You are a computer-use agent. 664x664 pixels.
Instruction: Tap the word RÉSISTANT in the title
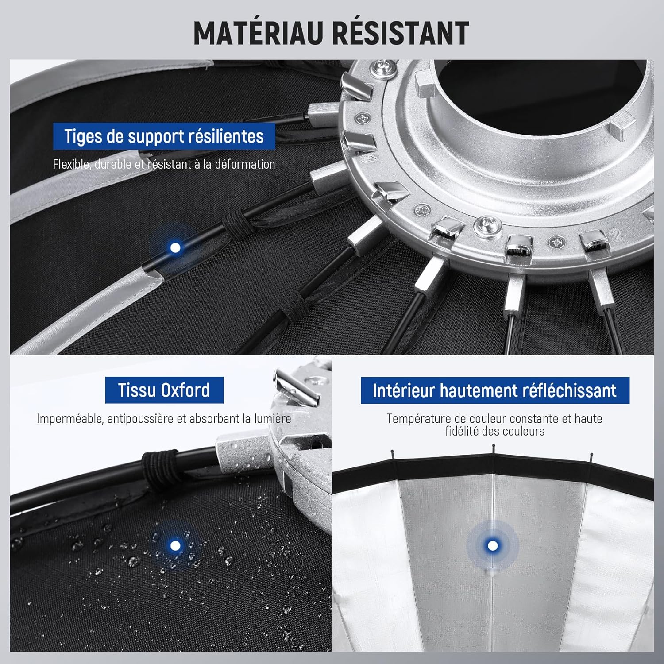401,33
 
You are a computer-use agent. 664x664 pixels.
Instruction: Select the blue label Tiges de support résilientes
164,136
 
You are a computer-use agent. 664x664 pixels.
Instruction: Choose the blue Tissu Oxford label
164,390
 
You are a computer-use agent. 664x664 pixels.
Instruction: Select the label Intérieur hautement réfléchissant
495,390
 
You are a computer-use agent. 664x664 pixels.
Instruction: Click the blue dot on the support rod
175,247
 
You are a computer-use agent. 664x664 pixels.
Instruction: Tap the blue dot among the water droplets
175,545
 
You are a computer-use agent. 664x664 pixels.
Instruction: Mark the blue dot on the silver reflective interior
492,545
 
